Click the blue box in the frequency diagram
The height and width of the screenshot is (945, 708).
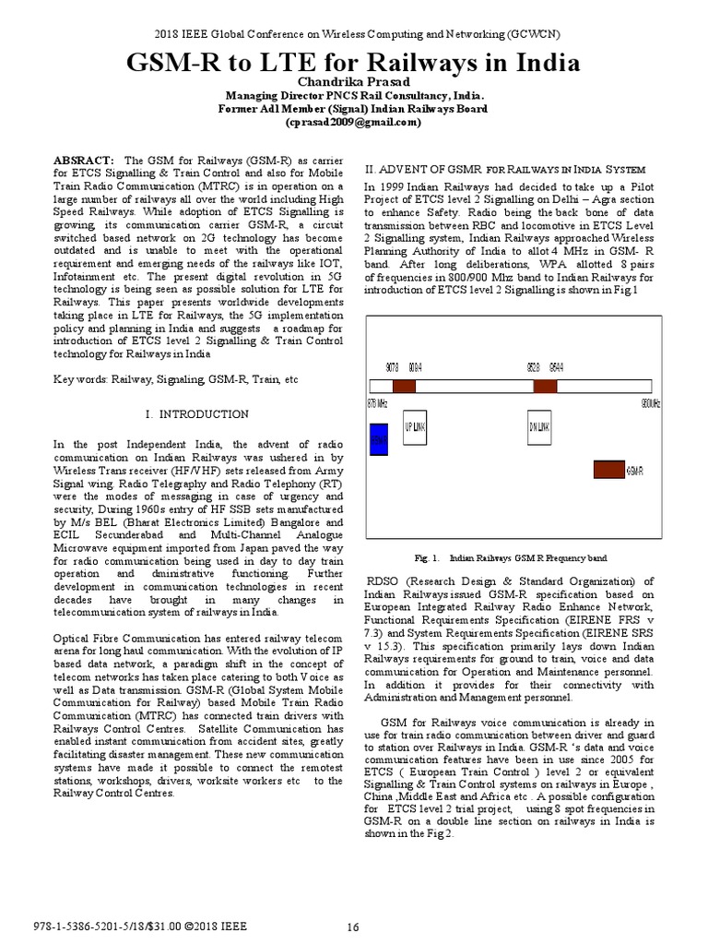[x=379, y=439]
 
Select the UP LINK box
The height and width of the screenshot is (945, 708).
[x=415, y=426]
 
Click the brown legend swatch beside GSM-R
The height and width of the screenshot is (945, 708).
[x=608, y=470]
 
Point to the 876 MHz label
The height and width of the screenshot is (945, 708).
[x=377, y=404]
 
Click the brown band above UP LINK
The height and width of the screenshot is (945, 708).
[x=404, y=387]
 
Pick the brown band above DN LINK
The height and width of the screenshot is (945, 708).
[x=545, y=387]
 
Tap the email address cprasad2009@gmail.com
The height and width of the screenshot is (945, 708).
[x=353, y=122]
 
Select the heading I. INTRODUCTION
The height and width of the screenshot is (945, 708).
[x=197, y=414]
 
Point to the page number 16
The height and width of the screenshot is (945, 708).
[x=352, y=927]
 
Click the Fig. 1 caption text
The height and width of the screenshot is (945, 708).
[x=509, y=558]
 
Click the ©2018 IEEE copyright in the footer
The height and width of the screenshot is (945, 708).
[x=215, y=927]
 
